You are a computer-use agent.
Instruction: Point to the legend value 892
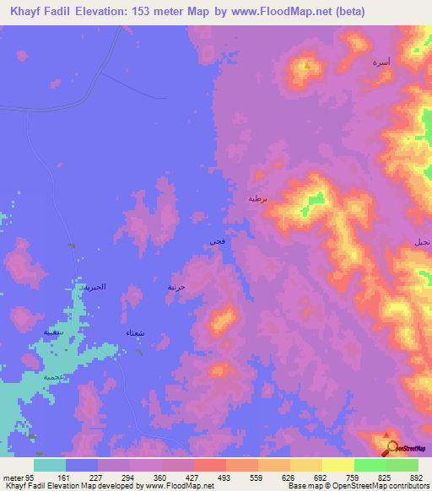(x=415, y=477)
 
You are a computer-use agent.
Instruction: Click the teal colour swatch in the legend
(x=50, y=465)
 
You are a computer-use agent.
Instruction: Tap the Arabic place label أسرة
(x=381, y=62)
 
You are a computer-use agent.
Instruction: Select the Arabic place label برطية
(x=256, y=199)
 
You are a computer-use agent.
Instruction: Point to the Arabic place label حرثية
(x=176, y=287)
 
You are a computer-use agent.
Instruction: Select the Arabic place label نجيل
(x=421, y=242)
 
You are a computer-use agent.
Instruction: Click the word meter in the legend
(x=12, y=477)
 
